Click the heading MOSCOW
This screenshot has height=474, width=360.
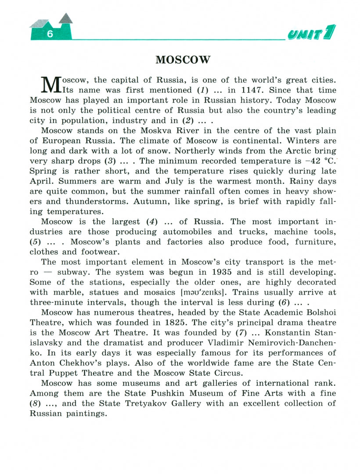pos(183,60)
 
